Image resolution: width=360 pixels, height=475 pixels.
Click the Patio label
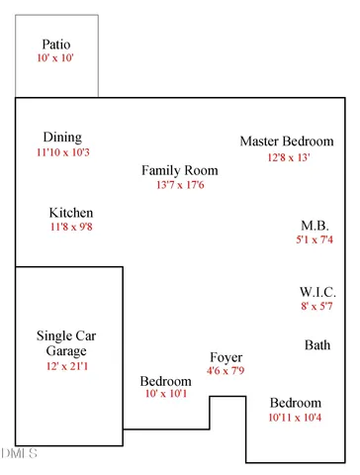57,46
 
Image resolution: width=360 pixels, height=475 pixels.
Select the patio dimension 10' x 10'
56,60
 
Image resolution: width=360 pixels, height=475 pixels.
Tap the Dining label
62,138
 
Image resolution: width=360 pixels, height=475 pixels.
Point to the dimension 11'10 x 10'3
62,152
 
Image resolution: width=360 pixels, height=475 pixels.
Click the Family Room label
179,170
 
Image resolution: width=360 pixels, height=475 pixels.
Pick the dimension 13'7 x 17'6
179,185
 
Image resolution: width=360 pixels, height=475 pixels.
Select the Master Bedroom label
287,142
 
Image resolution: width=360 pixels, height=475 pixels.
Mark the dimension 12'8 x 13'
287,156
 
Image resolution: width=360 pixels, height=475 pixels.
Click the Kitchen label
71,213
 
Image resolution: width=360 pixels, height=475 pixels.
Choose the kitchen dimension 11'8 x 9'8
71,228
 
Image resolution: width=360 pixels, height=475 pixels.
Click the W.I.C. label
317,293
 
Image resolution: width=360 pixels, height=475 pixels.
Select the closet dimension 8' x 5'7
317,308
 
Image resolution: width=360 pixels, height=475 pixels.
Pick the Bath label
317,345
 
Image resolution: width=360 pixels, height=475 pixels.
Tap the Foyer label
225,357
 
